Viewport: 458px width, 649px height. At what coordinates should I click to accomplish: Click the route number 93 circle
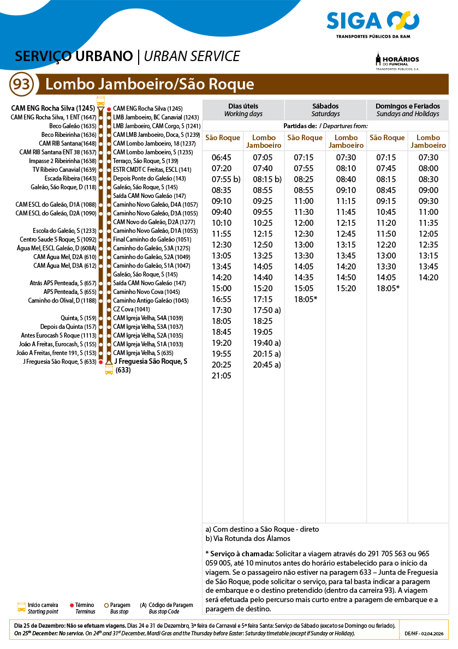(22, 85)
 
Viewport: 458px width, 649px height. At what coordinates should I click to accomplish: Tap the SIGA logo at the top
(373, 23)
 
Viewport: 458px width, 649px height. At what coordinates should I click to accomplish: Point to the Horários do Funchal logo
(397, 62)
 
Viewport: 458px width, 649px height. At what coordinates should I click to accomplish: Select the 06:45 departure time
(222, 158)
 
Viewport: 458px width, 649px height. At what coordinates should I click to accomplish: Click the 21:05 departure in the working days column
(222, 376)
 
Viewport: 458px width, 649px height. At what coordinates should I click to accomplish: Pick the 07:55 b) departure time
(225, 179)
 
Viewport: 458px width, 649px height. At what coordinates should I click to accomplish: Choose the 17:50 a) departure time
(267, 310)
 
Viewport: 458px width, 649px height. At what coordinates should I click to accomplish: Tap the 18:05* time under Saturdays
(306, 299)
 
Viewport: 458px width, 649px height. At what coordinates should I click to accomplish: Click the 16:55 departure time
(222, 299)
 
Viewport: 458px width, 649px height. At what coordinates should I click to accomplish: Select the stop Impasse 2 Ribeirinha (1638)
(62, 161)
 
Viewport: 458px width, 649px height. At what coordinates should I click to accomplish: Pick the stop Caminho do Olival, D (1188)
(62, 301)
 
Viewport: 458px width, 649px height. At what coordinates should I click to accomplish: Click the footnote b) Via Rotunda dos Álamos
(248, 538)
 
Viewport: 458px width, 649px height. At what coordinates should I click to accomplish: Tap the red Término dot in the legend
(72, 605)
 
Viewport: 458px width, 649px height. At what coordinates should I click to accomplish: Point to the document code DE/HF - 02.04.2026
(424, 634)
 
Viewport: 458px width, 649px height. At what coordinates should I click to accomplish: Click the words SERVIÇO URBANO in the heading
(74, 57)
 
